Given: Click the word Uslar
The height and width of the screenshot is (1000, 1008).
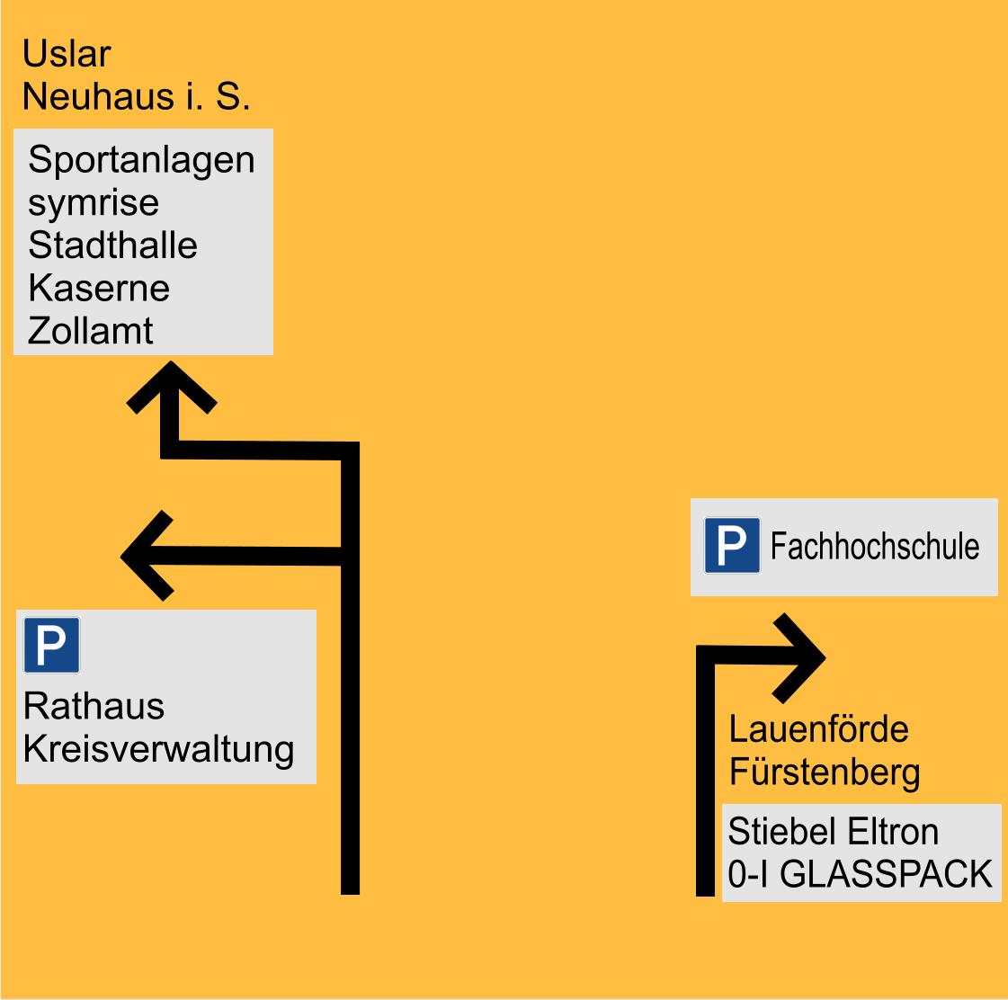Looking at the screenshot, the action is [67, 53].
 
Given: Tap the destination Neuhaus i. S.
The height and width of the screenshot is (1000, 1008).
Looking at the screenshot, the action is [137, 96].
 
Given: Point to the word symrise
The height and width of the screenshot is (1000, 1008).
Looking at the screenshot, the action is [94, 204].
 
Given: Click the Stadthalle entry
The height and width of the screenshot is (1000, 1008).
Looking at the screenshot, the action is [112, 245].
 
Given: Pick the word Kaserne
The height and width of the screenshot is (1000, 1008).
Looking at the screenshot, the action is [99, 288].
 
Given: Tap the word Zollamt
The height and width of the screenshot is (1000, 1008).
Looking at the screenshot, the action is [91, 331].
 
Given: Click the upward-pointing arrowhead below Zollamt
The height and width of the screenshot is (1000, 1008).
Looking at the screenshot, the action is [171, 387].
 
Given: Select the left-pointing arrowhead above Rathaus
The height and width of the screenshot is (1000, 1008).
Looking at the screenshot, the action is [147, 556].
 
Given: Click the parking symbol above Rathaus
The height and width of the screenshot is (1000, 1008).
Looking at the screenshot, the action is [51, 645].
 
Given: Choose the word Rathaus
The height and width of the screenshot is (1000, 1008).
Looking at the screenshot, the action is [94, 706].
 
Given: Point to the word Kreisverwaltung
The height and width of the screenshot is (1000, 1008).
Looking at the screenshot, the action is [159, 750].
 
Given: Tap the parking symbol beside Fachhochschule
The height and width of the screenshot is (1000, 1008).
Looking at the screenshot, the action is [732, 545].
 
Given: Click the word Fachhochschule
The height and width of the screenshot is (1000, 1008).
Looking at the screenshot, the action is [875, 546].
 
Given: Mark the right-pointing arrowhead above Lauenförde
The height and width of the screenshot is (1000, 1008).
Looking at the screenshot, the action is [799, 658].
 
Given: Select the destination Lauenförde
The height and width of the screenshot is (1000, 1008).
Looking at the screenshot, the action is [818, 729].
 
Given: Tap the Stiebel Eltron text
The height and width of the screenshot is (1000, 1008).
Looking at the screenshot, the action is [834, 832].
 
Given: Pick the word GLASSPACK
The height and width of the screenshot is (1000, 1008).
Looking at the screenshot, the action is [887, 874].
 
